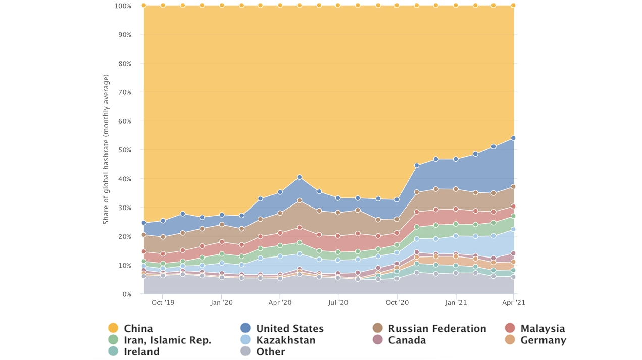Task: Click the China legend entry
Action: click(x=138, y=329)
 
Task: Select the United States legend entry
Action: click(x=289, y=329)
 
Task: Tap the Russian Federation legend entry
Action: click(x=436, y=329)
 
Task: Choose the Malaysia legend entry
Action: click(x=542, y=329)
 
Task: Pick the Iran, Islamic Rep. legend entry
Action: click(x=167, y=340)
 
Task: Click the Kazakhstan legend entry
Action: click(x=285, y=340)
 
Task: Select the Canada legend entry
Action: click(x=407, y=340)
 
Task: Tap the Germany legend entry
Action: click(x=543, y=340)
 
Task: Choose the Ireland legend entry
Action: click(x=141, y=352)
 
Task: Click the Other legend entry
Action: click(x=271, y=352)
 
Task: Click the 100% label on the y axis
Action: click(x=123, y=6)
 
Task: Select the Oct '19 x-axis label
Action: click(x=163, y=303)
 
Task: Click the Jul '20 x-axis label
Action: click(x=338, y=303)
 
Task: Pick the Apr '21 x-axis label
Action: click(x=514, y=303)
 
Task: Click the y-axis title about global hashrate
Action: click(x=106, y=149)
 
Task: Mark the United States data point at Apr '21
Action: click(x=513, y=138)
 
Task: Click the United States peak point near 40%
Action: click(x=300, y=177)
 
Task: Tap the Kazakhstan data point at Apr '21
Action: click(x=513, y=229)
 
